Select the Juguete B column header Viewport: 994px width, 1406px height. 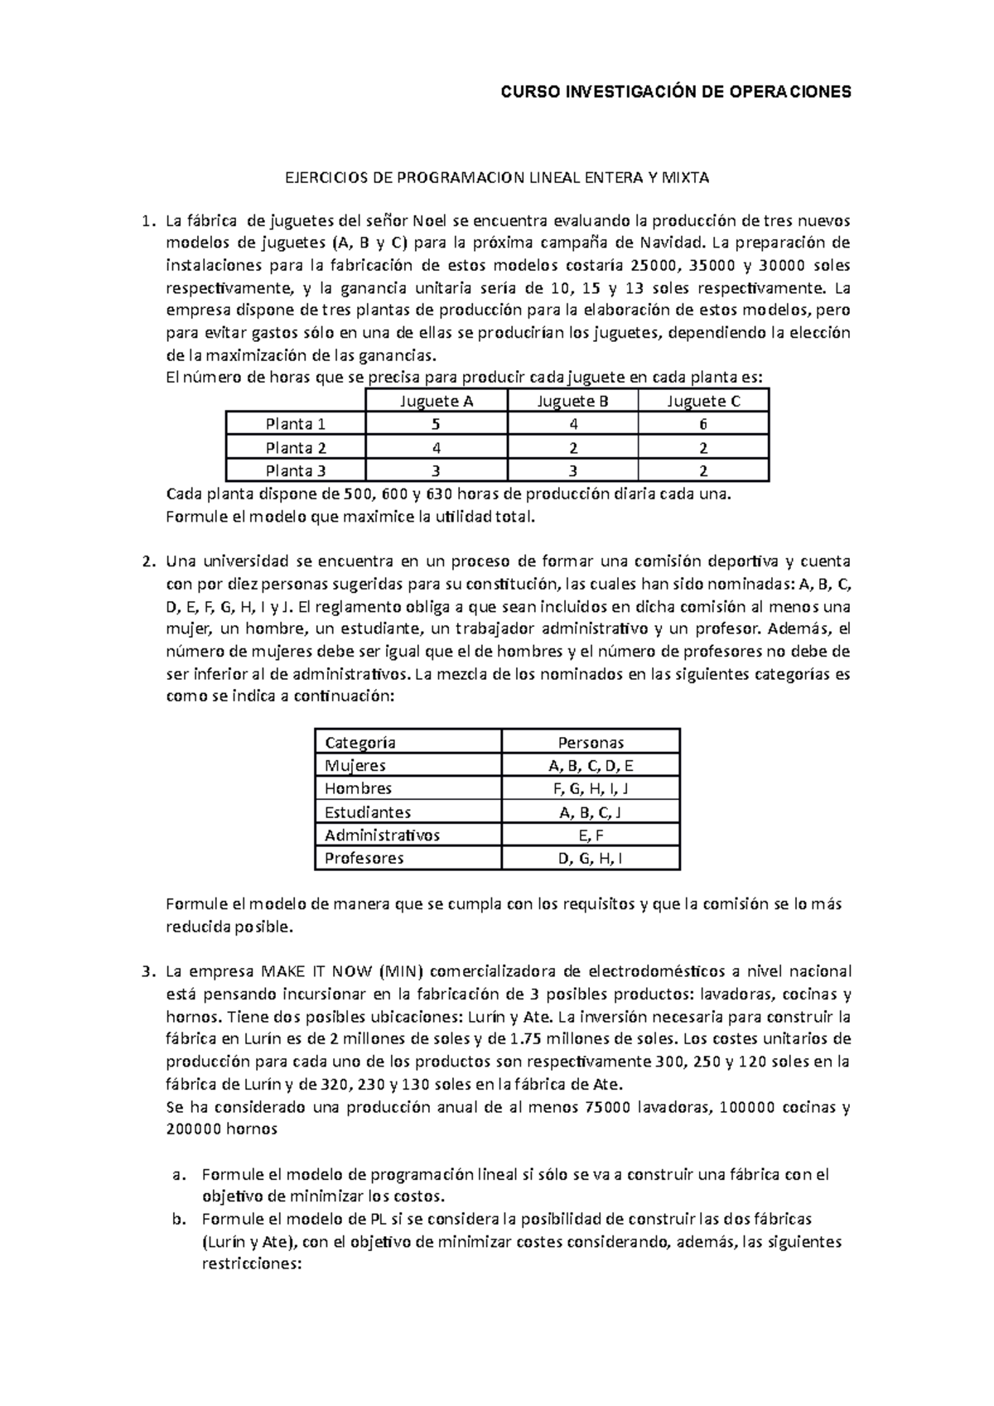pyautogui.click(x=573, y=402)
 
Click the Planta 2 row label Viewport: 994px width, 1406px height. pyautogui.click(x=296, y=448)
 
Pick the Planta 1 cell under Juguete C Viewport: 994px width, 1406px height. pyautogui.click(x=702, y=424)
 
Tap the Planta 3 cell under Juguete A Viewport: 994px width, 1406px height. pyautogui.click(x=436, y=471)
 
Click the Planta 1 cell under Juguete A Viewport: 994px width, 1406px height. pyautogui.click(x=436, y=424)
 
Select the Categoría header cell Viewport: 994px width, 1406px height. pyautogui.click(x=360, y=742)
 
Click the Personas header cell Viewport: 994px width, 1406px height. pyautogui.click(x=591, y=742)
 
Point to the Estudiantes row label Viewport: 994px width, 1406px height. pyautogui.click(x=368, y=812)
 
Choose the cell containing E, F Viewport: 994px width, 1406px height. pyautogui.click(x=591, y=835)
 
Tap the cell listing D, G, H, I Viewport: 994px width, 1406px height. pyautogui.click(x=591, y=859)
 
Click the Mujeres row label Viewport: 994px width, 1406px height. pyautogui.click(x=355, y=766)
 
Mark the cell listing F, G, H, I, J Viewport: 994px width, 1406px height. pyautogui.click(x=591, y=789)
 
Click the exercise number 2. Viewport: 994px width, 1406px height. pyautogui.click(x=147, y=561)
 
